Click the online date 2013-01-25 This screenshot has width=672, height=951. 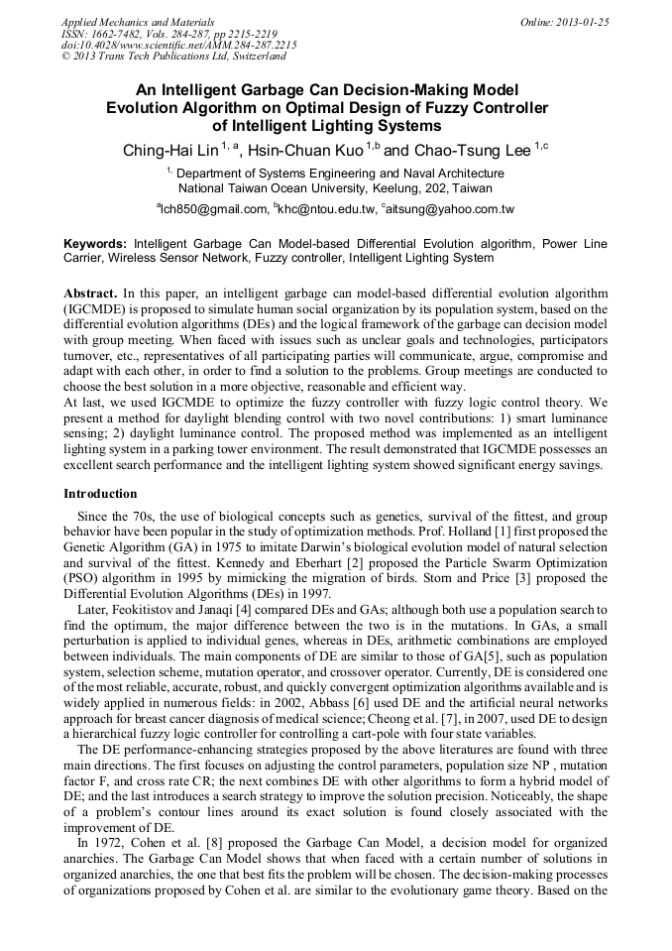tap(583, 21)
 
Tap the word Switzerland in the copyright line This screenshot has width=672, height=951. tap(251, 57)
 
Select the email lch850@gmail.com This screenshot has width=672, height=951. tap(214, 209)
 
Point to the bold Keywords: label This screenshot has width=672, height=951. tap(95, 243)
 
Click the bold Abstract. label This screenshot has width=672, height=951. tap(90, 295)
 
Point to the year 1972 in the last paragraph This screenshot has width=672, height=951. tap(106, 843)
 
